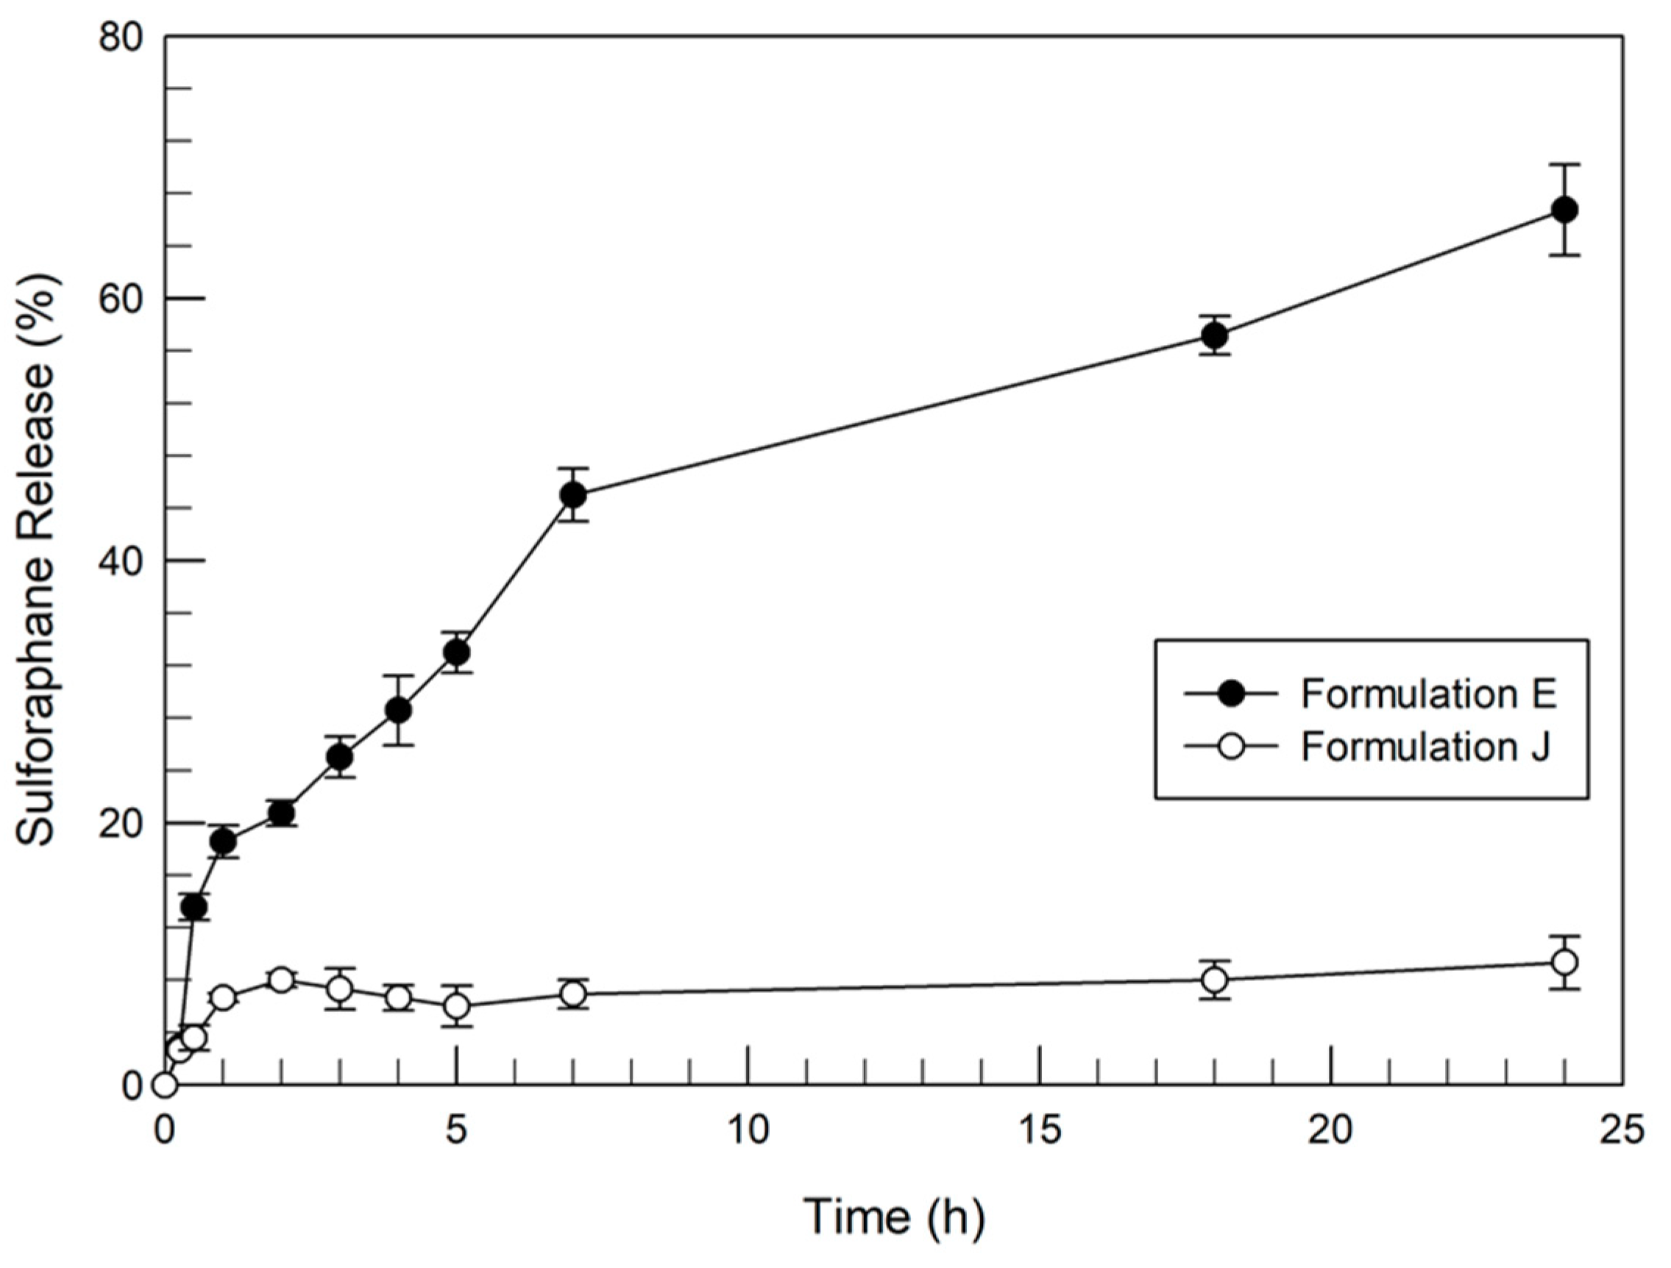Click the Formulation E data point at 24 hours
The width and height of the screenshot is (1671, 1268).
[x=1564, y=210]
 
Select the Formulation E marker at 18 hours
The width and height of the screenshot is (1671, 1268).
[x=1215, y=335]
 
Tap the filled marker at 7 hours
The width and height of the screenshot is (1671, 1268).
[x=573, y=495]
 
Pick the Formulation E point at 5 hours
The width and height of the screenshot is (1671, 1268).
[x=456, y=652]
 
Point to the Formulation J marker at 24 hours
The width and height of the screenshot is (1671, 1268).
[x=1564, y=962]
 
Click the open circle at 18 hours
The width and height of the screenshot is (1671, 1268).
[x=1215, y=980]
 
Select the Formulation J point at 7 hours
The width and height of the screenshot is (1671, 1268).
[x=573, y=994]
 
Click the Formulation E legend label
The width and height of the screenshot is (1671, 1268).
[x=1428, y=694]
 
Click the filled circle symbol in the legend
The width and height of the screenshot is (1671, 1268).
[x=1231, y=694]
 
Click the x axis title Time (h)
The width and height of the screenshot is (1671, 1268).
[x=894, y=1217]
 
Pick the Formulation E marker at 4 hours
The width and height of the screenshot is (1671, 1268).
[x=398, y=710]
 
